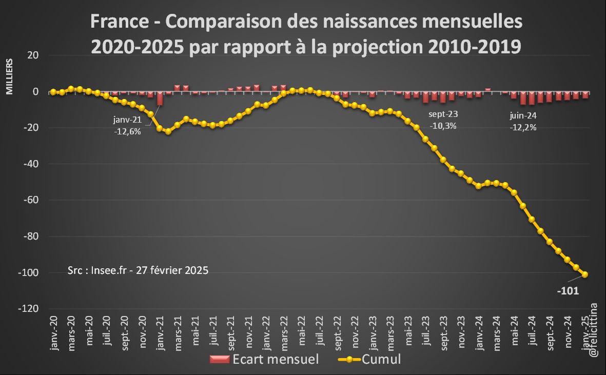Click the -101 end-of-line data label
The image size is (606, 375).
[x=568, y=291]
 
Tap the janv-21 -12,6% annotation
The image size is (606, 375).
[x=127, y=125]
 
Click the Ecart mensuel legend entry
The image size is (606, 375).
[x=264, y=359]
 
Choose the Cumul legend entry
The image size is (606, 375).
[x=369, y=359]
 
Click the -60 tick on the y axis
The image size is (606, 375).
[x=32, y=200]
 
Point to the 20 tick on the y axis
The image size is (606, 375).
[x=34, y=55]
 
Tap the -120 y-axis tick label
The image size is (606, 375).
[x=30, y=309]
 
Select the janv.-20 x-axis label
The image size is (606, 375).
[x=53, y=333]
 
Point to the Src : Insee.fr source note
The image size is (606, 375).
[x=138, y=270]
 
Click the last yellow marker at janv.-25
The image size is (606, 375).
[x=585, y=274]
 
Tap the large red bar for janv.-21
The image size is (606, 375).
[x=160, y=98]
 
